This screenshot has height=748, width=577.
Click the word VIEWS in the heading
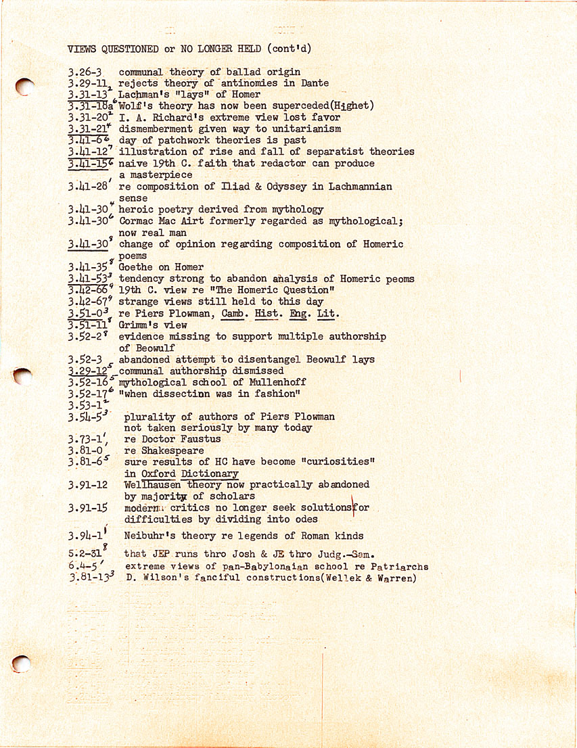pyautogui.click(x=82, y=49)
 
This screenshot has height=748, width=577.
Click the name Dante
pyautogui.click(x=314, y=83)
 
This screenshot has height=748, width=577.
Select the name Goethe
pyautogui.click(x=136, y=267)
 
